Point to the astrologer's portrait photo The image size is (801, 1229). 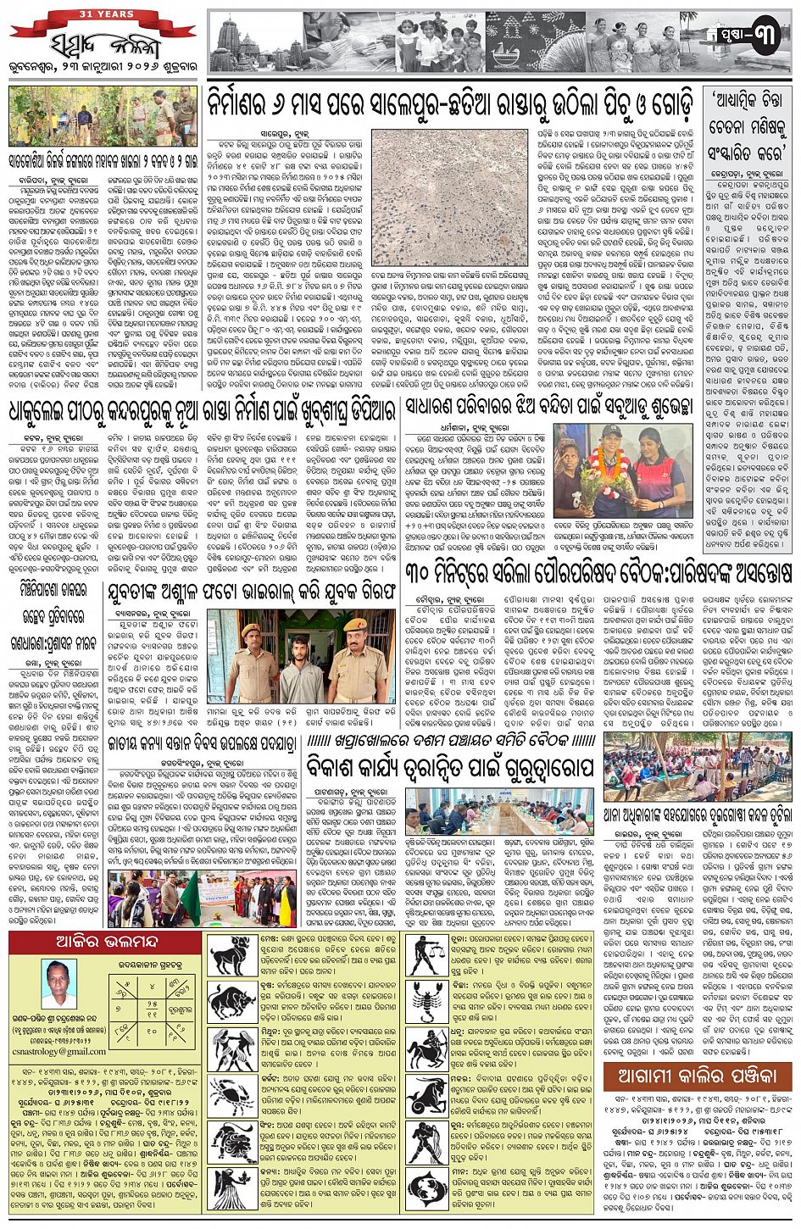58,984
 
